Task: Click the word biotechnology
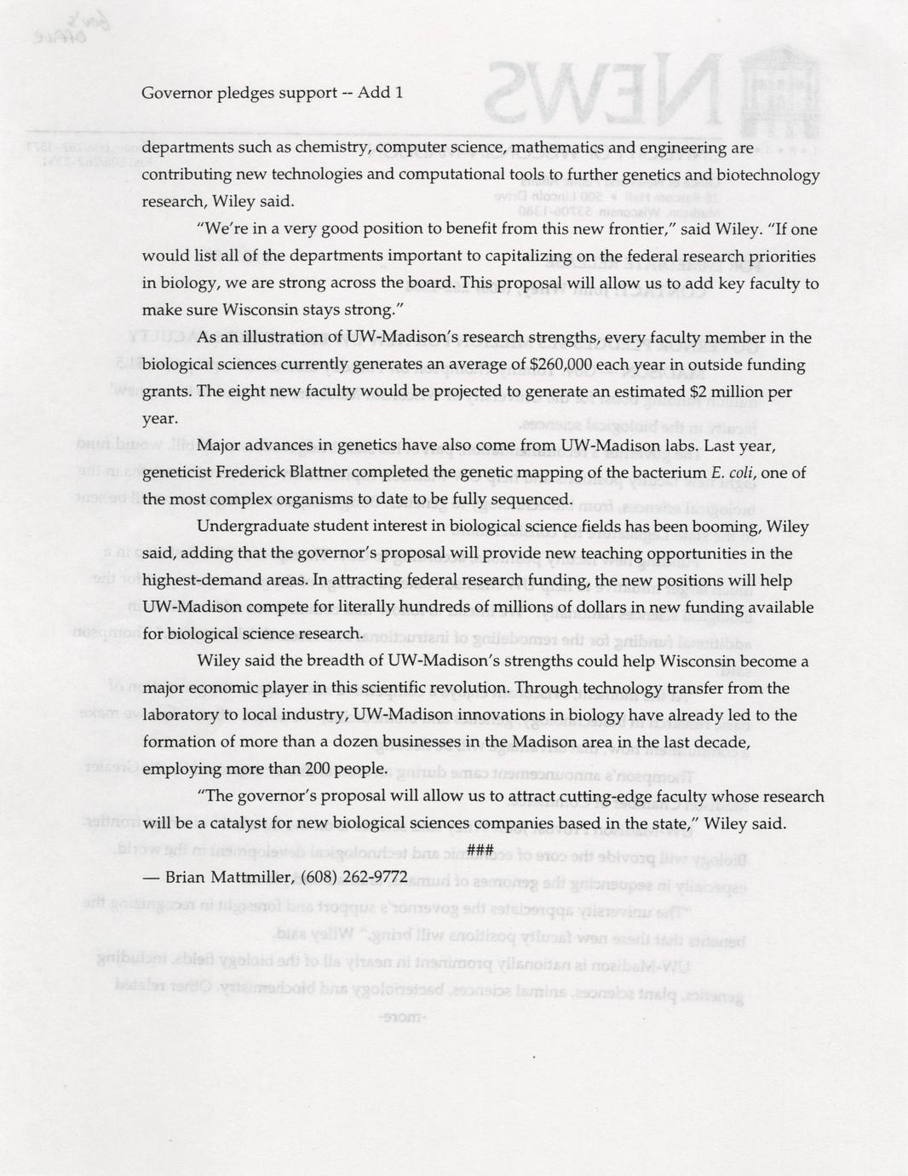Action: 768,176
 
